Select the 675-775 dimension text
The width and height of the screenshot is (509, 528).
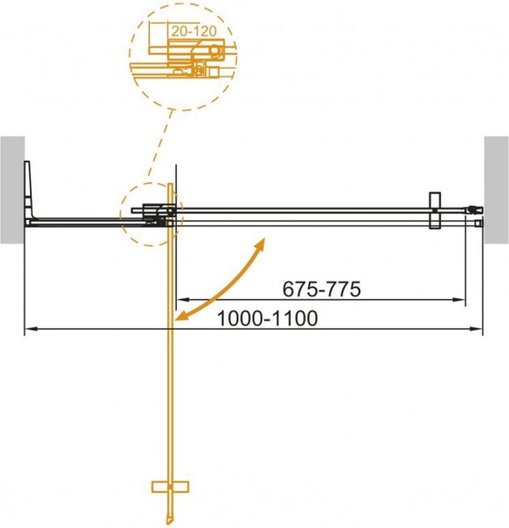pos(322,289)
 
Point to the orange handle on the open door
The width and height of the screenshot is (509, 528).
pos(171,486)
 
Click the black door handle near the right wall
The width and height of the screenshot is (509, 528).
pos(433,211)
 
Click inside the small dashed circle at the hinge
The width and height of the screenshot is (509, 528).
pos(150,213)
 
